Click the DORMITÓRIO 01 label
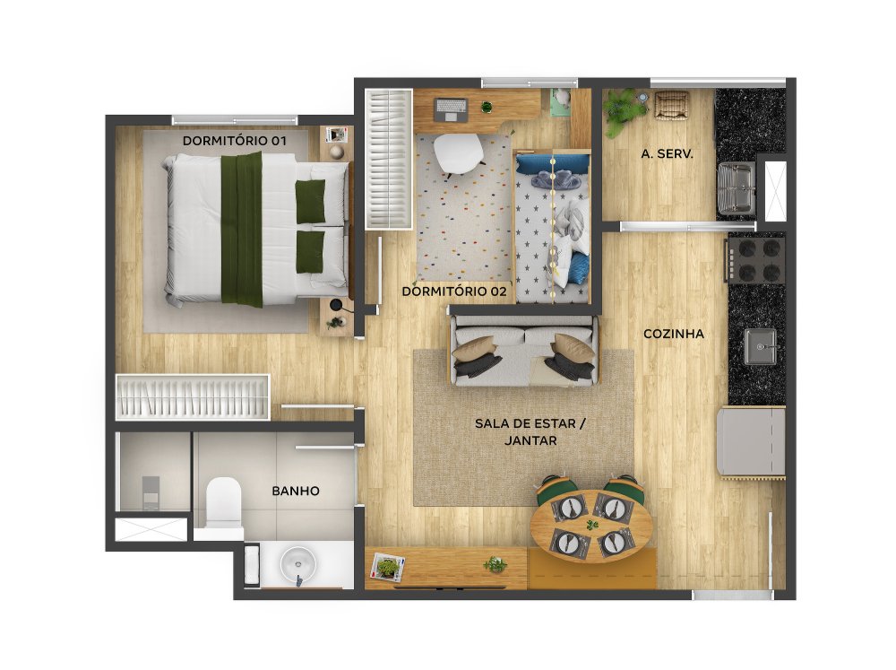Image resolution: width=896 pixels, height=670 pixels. (x=234, y=141)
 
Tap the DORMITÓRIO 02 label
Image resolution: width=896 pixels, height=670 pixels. (x=454, y=291)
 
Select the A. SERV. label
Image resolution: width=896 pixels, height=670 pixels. (x=667, y=154)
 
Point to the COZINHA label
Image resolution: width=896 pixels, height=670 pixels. (x=674, y=334)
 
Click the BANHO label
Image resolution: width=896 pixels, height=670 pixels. (x=296, y=491)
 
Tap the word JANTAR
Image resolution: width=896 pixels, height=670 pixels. (x=530, y=440)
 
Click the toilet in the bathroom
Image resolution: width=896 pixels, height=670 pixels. (x=223, y=503)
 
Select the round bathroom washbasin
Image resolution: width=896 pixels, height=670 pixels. (x=297, y=564)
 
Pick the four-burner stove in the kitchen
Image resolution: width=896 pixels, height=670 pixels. (x=756, y=260)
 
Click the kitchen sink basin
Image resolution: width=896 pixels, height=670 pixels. (x=760, y=347)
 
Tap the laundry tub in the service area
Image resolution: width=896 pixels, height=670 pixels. (x=736, y=188)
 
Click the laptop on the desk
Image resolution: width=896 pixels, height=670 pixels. (x=451, y=109)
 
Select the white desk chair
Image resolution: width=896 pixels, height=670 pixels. (x=458, y=152)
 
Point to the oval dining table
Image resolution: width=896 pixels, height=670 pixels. (x=590, y=526)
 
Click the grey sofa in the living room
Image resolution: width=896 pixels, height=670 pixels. (x=524, y=350)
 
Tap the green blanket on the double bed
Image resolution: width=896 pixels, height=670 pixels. (x=242, y=229)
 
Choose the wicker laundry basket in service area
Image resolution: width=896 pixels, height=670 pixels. (x=670, y=107)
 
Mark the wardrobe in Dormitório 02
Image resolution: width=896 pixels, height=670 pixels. (x=389, y=159)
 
